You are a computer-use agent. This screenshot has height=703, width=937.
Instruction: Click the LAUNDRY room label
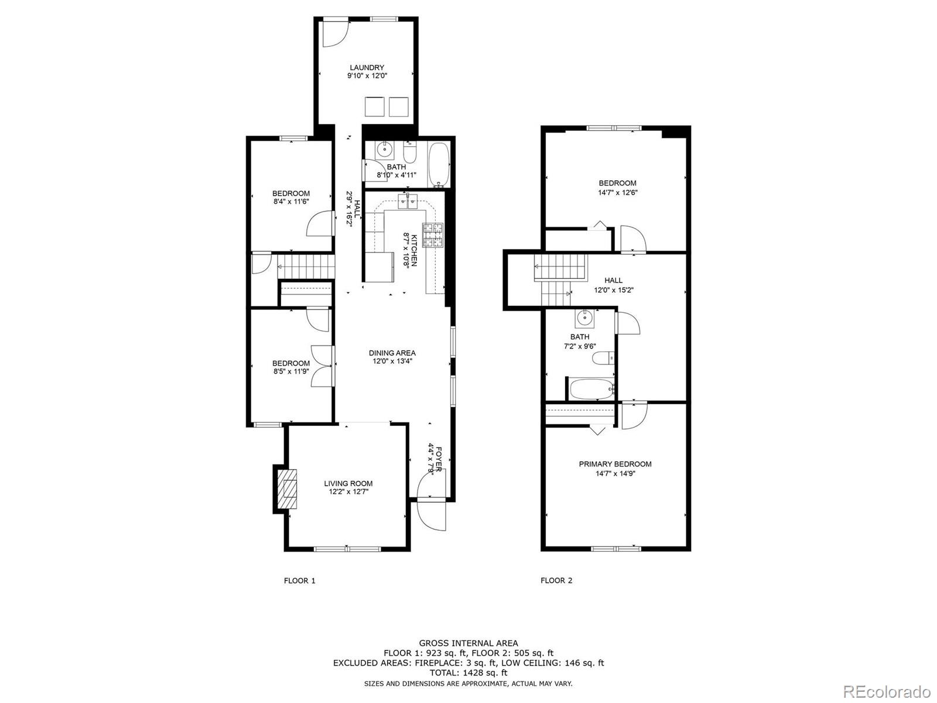[x=367, y=67]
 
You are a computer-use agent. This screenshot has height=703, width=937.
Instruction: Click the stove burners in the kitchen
[x=433, y=235]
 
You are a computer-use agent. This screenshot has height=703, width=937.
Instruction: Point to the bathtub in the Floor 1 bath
[x=439, y=165]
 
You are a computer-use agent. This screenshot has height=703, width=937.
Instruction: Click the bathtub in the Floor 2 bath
[x=592, y=389]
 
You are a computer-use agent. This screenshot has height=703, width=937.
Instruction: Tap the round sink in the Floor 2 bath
[x=583, y=317]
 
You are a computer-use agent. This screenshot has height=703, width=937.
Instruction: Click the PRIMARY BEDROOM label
[x=615, y=464]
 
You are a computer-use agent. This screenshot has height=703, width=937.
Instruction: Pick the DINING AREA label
[x=392, y=353]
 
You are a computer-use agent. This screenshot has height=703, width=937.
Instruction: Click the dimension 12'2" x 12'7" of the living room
[x=348, y=492]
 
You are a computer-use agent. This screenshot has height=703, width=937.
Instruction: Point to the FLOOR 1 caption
[x=300, y=581]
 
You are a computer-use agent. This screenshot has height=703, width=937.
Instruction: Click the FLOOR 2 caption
[x=556, y=580]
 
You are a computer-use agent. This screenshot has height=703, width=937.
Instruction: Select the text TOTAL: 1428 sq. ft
[x=468, y=673]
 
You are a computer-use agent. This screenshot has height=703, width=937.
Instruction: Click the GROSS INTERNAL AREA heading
[x=468, y=643]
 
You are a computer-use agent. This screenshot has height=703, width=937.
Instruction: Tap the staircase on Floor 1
[x=305, y=267]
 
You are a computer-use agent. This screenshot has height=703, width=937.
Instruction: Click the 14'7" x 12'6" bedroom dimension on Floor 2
[x=617, y=193]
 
